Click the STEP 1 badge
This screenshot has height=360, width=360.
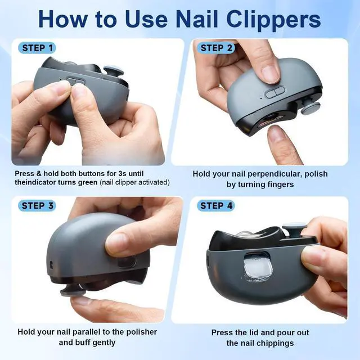click(x=37, y=48)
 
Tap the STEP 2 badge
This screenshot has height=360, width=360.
click(x=216, y=48)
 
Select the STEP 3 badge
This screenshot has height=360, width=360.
click(x=37, y=206)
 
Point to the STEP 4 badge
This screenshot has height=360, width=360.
click(x=216, y=206)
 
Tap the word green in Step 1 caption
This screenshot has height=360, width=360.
click(x=88, y=183)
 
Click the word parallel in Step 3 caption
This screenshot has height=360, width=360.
click(x=84, y=332)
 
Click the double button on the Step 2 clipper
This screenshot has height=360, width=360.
click(x=275, y=92)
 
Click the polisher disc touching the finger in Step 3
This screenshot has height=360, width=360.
click(x=73, y=291)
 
